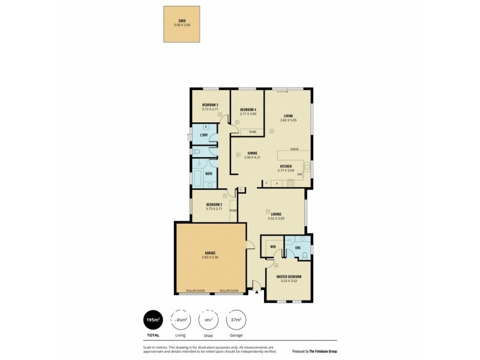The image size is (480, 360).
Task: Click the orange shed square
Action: point(182,25)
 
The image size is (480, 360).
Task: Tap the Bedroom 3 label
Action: point(209,105)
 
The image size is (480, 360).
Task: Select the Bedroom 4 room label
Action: point(248,109)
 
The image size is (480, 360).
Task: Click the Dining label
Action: point(252,153)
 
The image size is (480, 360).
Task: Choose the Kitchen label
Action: point(286,166)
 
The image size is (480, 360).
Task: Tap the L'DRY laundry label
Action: point(204,136)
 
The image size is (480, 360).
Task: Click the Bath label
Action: point(208,173)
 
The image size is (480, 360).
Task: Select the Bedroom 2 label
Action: point(214,205)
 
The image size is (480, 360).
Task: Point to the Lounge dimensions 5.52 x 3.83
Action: point(277,218)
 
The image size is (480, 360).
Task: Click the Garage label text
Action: point(209,253)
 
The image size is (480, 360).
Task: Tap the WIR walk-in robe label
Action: point(272,247)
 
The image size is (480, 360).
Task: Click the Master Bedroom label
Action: point(289,277)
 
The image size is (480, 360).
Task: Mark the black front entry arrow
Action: point(256,293)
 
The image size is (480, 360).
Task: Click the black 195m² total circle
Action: point(152,320)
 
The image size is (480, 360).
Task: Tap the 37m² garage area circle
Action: point(235,320)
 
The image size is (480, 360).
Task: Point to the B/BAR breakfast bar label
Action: point(295,148)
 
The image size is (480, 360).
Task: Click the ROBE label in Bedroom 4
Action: point(253,131)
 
